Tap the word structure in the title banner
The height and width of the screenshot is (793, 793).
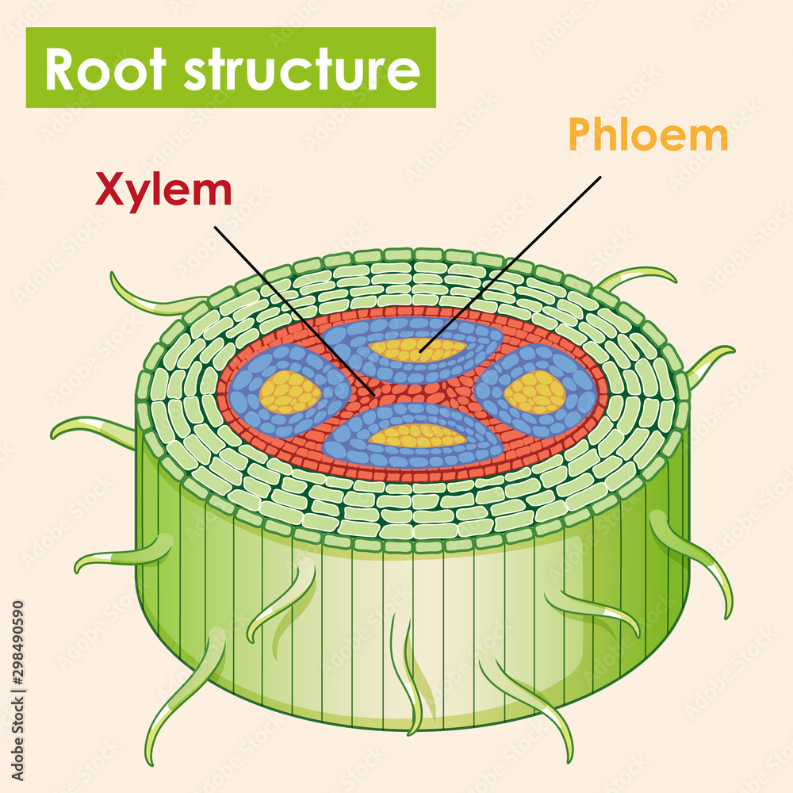tap(301, 69)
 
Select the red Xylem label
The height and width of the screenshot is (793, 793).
tap(163, 190)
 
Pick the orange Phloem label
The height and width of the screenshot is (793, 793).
tap(648, 136)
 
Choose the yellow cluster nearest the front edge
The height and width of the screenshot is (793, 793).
tap(417, 435)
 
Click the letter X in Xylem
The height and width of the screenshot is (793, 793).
tap(110, 190)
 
